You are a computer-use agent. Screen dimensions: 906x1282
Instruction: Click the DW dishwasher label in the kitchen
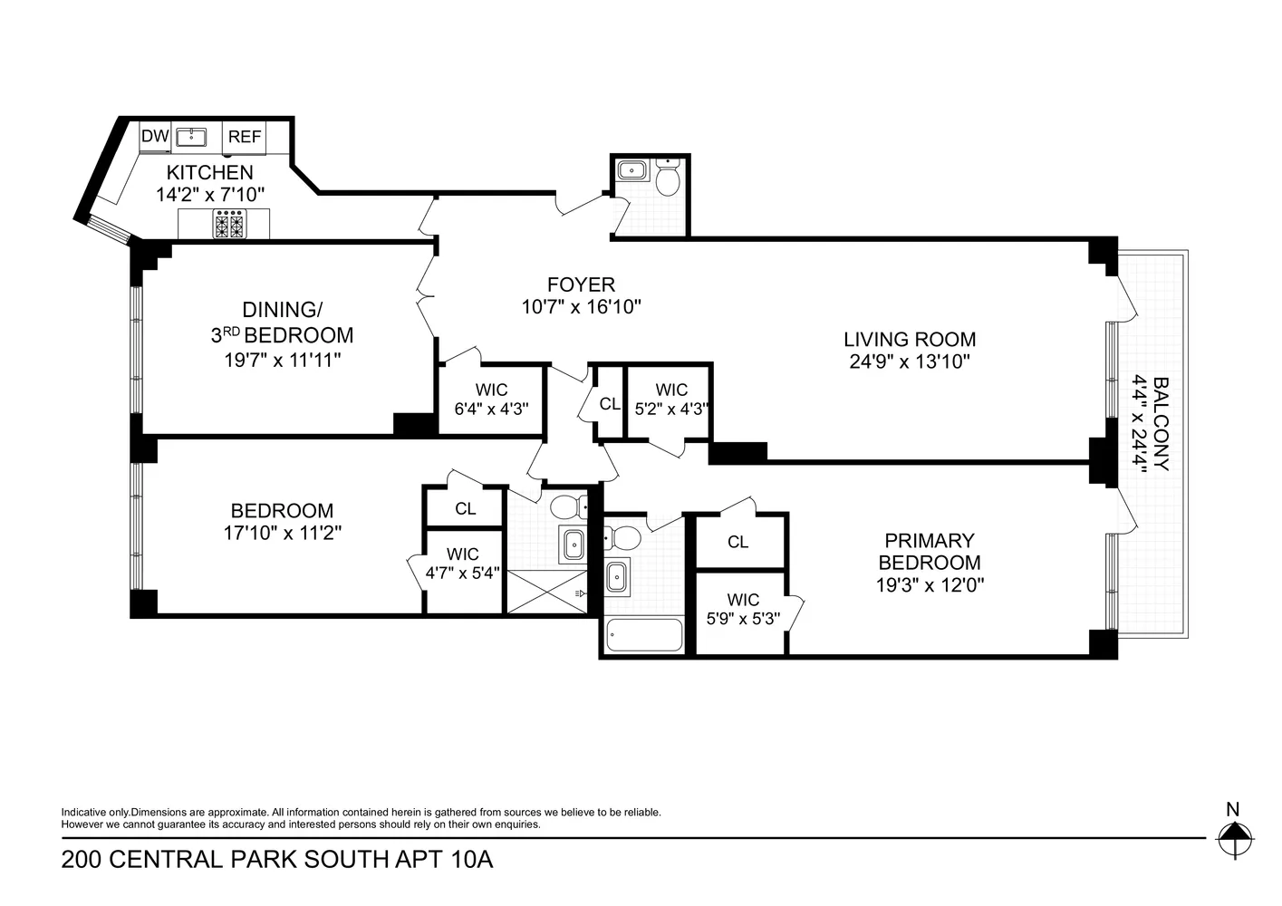(x=155, y=137)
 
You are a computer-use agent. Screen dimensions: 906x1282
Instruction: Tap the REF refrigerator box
(x=245, y=137)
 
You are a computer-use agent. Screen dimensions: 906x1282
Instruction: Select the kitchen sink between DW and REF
(x=190, y=137)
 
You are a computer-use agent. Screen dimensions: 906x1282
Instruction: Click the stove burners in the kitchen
(x=228, y=224)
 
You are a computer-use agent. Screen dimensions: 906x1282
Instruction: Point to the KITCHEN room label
(x=209, y=172)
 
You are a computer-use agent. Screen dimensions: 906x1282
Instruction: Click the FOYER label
(x=581, y=284)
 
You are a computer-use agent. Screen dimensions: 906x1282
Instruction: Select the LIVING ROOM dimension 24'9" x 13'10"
(x=909, y=361)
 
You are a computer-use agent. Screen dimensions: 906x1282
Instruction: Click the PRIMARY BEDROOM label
(x=930, y=551)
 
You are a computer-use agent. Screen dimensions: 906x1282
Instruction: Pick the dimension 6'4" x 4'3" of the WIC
(x=490, y=409)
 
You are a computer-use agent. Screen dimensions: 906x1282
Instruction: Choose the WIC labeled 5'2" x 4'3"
(x=671, y=399)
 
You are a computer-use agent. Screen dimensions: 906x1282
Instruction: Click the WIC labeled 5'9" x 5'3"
(x=743, y=609)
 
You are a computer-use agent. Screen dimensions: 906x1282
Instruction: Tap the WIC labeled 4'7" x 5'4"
(x=462, y=563)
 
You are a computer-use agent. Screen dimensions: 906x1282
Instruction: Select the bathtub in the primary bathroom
(x=644, y=635)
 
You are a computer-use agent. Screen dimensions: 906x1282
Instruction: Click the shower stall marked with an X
(x=546, y=592)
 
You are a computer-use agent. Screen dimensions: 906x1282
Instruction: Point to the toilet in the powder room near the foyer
(x=668, y=179)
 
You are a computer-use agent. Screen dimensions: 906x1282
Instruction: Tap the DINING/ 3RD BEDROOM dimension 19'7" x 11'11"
(x=282, y=360)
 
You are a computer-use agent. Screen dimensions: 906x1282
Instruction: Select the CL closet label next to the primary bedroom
(x=737, y=542)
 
